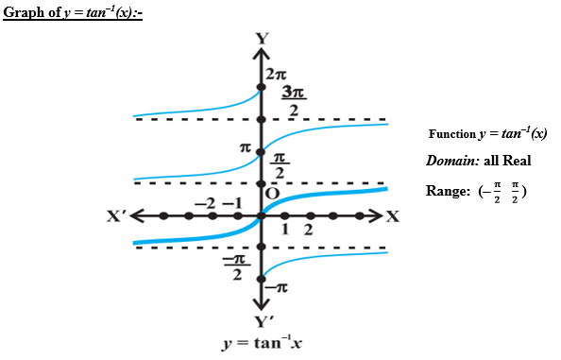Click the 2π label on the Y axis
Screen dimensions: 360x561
click(275, 73)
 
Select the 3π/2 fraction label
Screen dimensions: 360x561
click(294, 101)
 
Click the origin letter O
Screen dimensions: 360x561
click(272, 192)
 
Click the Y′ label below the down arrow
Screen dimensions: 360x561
click(263, 321)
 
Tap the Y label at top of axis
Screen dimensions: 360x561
click(262, 39)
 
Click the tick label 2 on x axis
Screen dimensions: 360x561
click(308, 230)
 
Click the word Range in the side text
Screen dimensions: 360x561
click(448, 190)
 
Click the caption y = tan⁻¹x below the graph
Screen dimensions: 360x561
click(262, 343)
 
